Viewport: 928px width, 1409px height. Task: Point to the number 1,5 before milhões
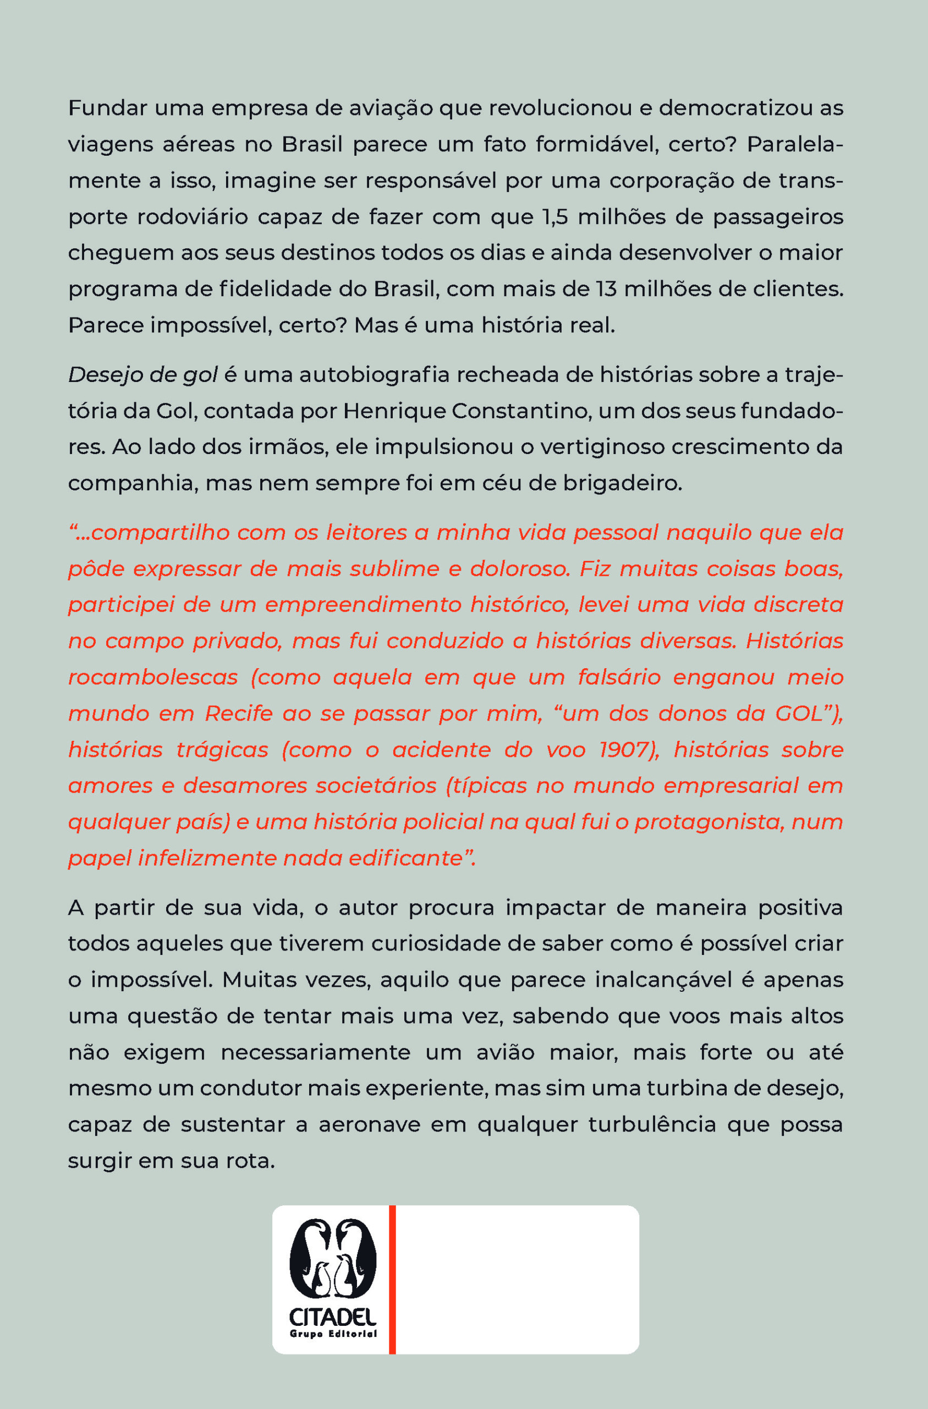(554, 217)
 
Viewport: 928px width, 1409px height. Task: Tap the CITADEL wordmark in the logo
(333, 1317)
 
